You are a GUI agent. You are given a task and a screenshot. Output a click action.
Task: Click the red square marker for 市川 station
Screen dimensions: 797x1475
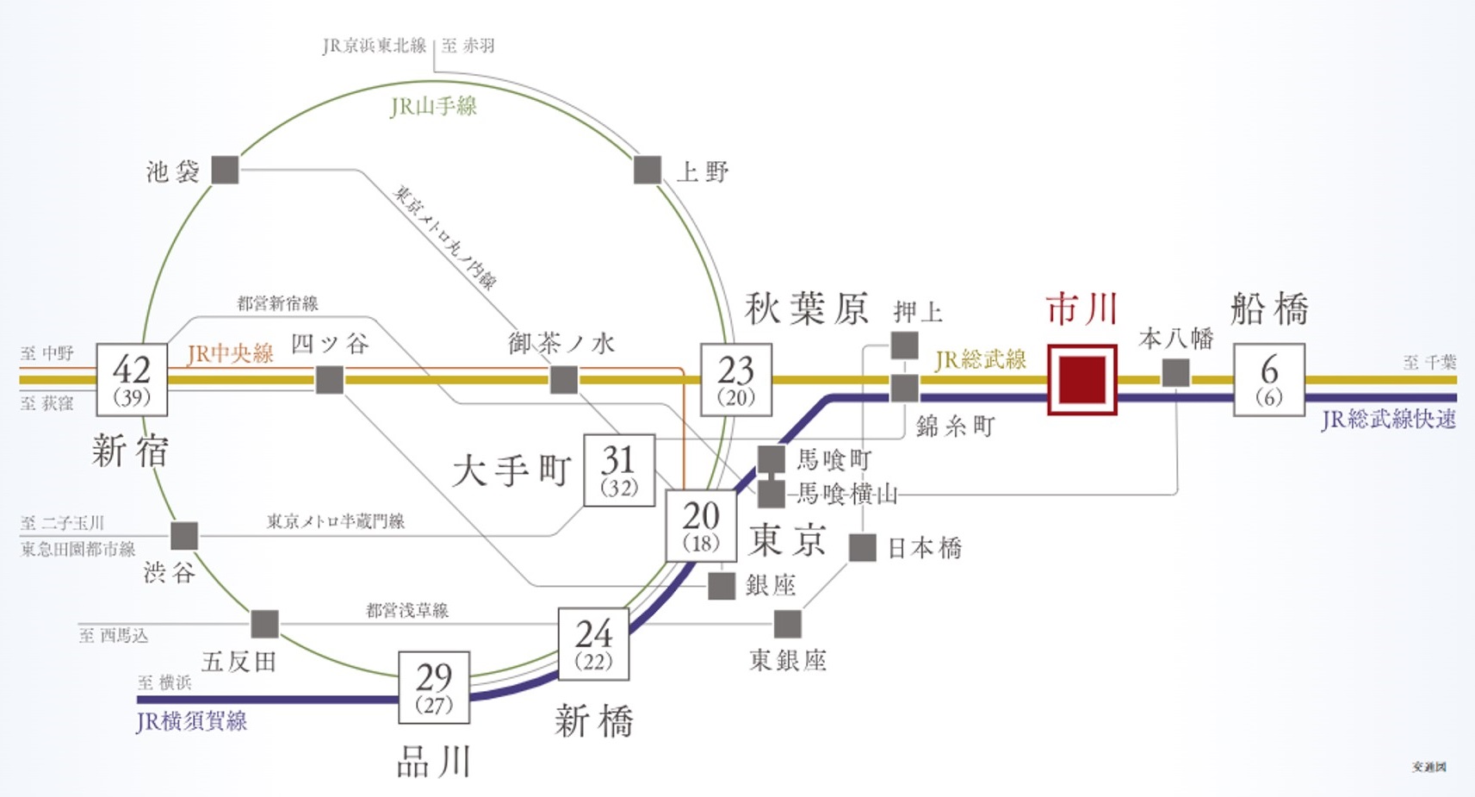click(x=1081, y=380)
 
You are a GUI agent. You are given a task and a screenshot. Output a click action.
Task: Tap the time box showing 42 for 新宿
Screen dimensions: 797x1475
click(x=132, y=380)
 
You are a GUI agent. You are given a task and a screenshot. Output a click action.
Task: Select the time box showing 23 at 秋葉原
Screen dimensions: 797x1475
click(x=736, y=380)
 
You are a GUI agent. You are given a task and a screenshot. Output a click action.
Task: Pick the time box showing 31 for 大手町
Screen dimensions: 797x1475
click(x=619, y=470)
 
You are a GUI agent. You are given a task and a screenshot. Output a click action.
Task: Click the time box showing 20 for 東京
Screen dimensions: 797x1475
click(x=701, y=526)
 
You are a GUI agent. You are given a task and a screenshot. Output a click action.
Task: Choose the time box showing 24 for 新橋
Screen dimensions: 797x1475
click(x=593, y=644)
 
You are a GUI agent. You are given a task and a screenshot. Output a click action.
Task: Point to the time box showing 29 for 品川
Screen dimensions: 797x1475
click(x=434, y=687)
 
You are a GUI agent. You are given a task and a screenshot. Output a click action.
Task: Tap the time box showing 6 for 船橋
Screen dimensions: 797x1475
click(x=1268, y=380)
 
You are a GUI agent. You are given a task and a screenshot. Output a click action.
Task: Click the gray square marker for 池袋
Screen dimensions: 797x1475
click(x=225, y=170)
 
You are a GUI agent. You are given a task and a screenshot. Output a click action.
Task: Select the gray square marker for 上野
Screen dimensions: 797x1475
click(x=648, y=170)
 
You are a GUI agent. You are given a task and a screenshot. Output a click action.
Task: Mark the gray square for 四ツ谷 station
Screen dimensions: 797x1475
click(x=330, y=380)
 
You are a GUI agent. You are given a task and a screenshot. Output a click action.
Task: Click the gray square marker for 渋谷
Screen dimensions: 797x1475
click(x=184, y=535)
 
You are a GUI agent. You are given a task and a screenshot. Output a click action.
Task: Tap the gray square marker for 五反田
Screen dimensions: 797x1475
click(x=264, y=624)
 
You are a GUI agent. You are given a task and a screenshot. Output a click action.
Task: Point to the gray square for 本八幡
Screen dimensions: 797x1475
click(x=1175, y=373)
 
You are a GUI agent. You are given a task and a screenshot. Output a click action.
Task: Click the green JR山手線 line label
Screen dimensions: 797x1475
click(x=433, y=107)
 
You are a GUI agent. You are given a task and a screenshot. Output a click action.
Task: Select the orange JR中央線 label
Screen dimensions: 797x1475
click(x=230, y=353)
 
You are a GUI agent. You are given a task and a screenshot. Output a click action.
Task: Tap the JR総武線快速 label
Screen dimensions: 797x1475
click(x=1388, y=420)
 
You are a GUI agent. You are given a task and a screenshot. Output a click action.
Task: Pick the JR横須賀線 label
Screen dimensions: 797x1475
click(x=191, y=721)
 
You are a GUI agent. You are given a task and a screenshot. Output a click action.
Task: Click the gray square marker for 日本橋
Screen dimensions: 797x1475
click(x=862, y=547)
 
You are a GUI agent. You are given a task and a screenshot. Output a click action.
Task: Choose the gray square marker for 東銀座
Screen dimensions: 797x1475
click(x=787, y=624)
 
